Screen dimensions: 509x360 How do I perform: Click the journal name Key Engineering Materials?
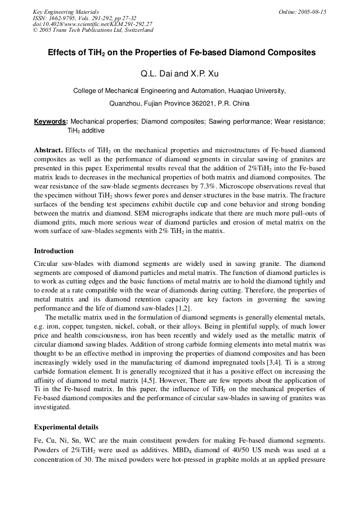point(66,12)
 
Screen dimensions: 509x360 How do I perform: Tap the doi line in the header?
point(92,24)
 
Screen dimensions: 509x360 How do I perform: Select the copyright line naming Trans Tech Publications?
point(93,30)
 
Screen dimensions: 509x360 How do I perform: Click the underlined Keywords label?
point(50,122)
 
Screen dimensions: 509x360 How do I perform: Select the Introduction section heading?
point(54,251)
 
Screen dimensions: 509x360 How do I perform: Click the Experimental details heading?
point(66,427)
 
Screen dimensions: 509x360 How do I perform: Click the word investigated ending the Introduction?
point(51,407)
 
